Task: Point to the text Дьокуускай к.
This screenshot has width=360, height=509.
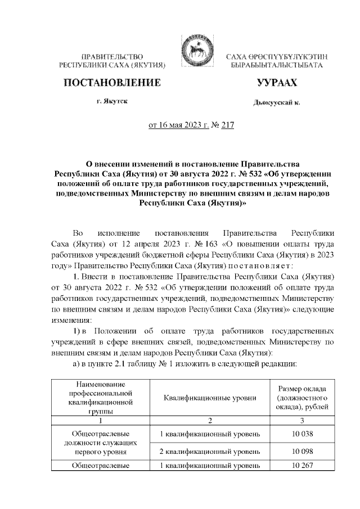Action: [x=276, y=103]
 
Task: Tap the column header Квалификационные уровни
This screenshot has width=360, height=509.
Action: [x=210, y=398]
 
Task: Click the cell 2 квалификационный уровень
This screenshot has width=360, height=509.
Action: [x=210, y=452]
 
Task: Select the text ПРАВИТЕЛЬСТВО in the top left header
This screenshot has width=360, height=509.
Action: [x=112, y=58]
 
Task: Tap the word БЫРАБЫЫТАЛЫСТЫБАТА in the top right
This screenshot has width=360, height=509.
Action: [x=276, y=66]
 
